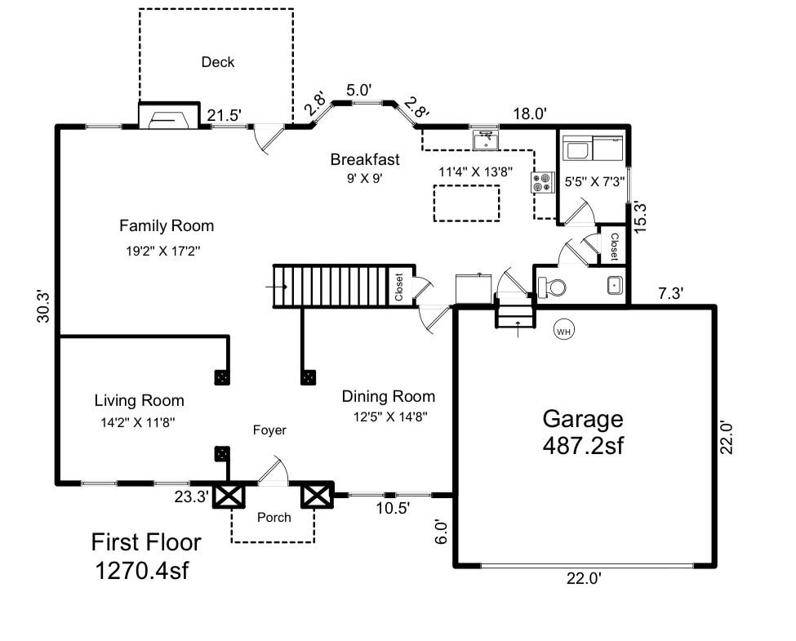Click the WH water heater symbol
tap(563, 331)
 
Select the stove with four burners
tap(541, 182)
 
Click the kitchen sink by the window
tap(486, 140)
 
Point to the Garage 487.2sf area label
tap(583, 432)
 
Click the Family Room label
tap(167, 225)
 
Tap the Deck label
tap(218, 62)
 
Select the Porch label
tap(273, 517)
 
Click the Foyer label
tap(269, 430)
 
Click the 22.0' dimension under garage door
tap(584, 578)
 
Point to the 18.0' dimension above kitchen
tap(529, 114)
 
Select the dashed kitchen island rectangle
tap(466, 203)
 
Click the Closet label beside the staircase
tap(399, 287)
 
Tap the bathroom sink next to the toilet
tap(614, 287)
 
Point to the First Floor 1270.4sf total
tap(145, 555)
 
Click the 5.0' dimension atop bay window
tap(358, 90)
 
